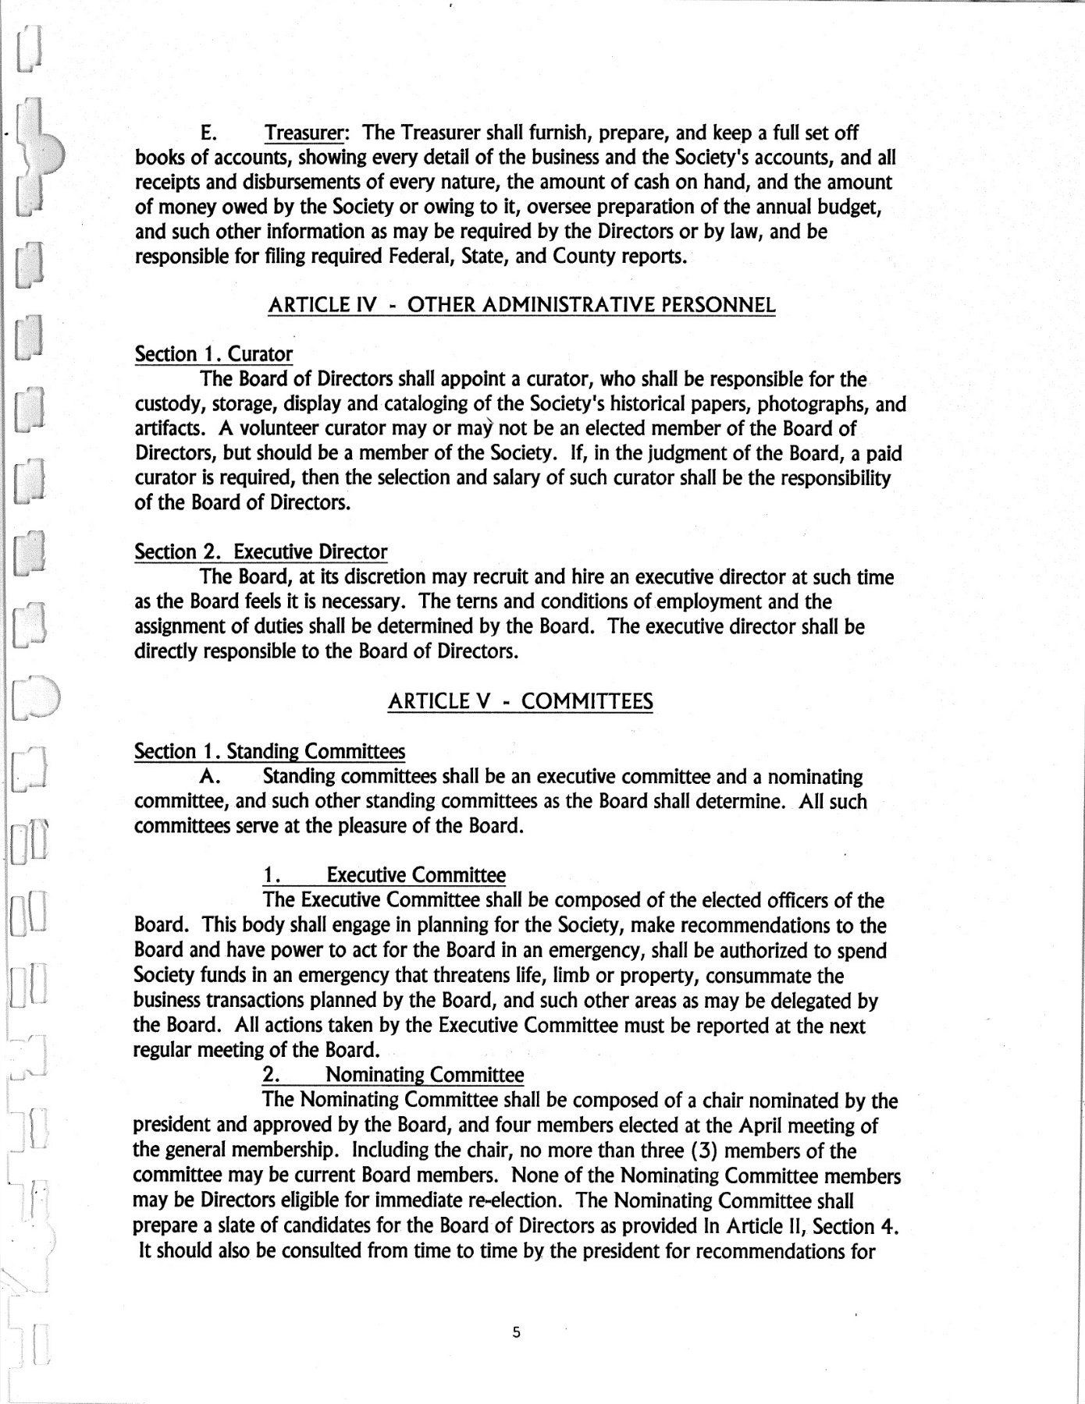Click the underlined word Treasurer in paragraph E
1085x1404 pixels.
click(305, 133)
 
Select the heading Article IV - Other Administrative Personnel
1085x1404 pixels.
click(521, 305)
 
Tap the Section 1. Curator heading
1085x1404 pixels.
click(213, 354)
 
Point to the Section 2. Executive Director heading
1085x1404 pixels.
click(261, 552)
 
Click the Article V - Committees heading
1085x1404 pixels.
click(520, 701)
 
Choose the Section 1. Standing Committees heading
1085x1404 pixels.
click(269, 752)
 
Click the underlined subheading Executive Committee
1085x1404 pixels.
click(415, 875)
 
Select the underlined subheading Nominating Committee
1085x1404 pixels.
click(424, 1075)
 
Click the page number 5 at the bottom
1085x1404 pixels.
click(516, 1332)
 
